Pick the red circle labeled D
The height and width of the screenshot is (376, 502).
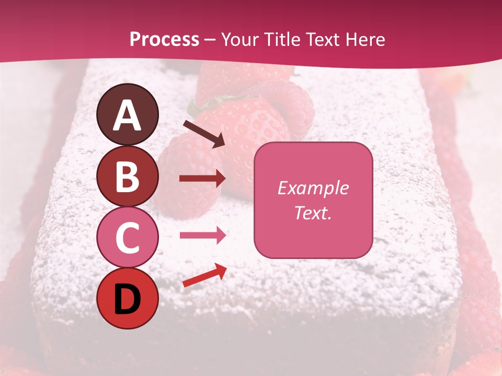point(127,298)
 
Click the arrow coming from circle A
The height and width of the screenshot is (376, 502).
point(204,134)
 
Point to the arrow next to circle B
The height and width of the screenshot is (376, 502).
point(202,179)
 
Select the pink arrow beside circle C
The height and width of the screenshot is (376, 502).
point(202,236)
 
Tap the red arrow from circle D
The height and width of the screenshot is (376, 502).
point(204,275)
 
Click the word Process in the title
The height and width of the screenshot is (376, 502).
point(164,40)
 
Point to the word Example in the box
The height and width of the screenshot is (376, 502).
point(313,188)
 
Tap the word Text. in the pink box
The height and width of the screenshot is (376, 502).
point(313,213)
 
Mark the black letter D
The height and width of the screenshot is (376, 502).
point(127,298)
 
